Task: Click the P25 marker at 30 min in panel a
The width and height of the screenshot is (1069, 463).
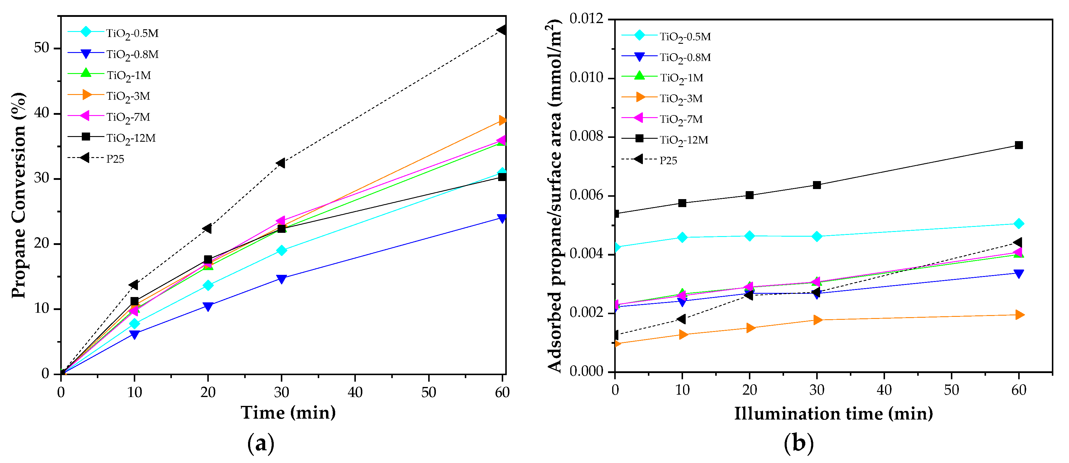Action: click(281, 163)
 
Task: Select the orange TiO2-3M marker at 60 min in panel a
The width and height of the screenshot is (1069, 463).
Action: click(503, 120)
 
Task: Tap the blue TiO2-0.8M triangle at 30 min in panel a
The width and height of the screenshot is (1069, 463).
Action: click(281, 279)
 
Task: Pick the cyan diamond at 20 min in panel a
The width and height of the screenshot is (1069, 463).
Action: click(208, 285)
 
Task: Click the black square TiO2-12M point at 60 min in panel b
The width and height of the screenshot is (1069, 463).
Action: click(1019, 145)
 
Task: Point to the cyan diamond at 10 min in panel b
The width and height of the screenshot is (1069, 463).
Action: click(682, 237)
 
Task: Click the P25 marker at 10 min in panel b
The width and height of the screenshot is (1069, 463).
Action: click(681, 319)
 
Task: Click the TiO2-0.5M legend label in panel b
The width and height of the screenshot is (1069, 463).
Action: click(685, 37)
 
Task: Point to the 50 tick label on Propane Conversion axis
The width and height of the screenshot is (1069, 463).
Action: click(42, 48)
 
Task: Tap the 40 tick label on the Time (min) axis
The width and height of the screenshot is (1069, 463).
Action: click(355, 392)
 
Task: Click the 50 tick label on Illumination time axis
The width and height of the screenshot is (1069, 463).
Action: click(951, 390)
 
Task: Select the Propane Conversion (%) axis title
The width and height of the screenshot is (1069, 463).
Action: click(19, 195)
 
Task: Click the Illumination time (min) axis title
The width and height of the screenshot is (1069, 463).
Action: click(833, 414)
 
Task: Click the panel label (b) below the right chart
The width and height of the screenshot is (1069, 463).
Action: click(799, 443)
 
